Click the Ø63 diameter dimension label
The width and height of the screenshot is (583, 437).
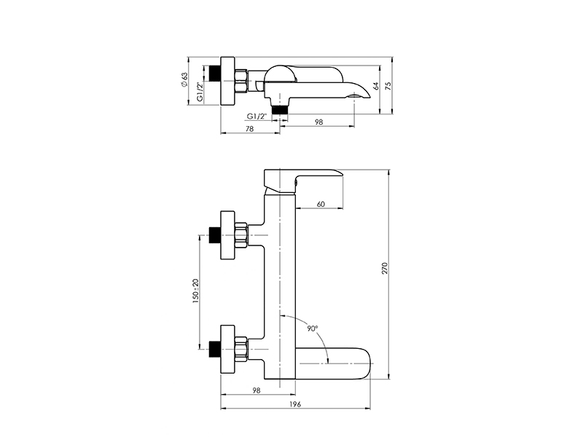tap(185, 79)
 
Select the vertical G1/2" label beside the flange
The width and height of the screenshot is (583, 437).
tap(200, 92)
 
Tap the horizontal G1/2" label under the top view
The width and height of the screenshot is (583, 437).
tap(257, 116)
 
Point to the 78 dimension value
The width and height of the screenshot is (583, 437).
tap(250, 129)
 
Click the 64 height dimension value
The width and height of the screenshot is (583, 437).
tap(376, 86)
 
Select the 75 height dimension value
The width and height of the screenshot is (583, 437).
tap(388, 86)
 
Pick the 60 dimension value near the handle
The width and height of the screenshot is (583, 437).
tap(321, 204)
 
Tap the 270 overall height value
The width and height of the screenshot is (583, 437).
tap(385, 268)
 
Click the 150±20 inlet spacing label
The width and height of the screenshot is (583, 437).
tap(196, 291)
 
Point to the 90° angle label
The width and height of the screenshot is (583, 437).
tap(313, 328)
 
